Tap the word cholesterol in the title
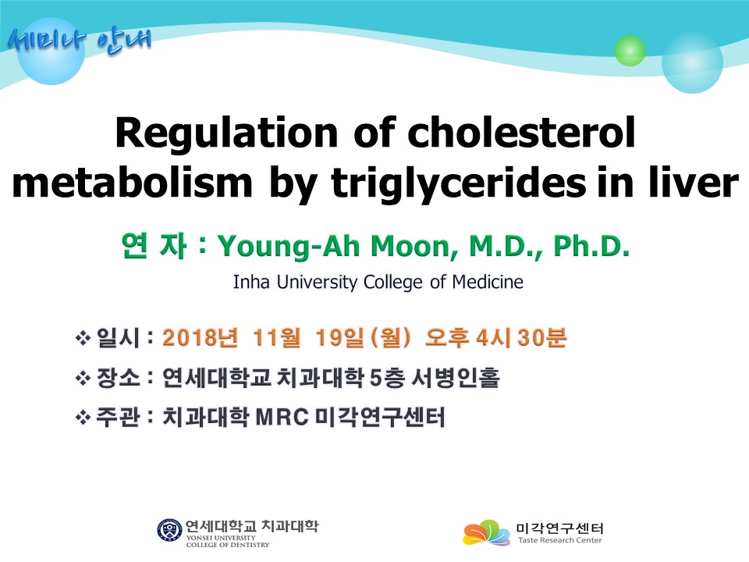point(522,132)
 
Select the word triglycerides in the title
point(459,184)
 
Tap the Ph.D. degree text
point(591,246)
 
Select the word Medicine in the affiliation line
point(488,282)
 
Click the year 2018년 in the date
point(201,337)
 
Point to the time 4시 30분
point(521,337)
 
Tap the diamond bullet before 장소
point(83,379)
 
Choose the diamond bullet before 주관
point(83,418)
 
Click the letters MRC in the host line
point(282,417)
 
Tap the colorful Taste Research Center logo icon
point(486,532)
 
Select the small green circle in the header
point(630,51)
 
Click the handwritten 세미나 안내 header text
point(80,41)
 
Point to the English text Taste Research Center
point(560,540)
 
